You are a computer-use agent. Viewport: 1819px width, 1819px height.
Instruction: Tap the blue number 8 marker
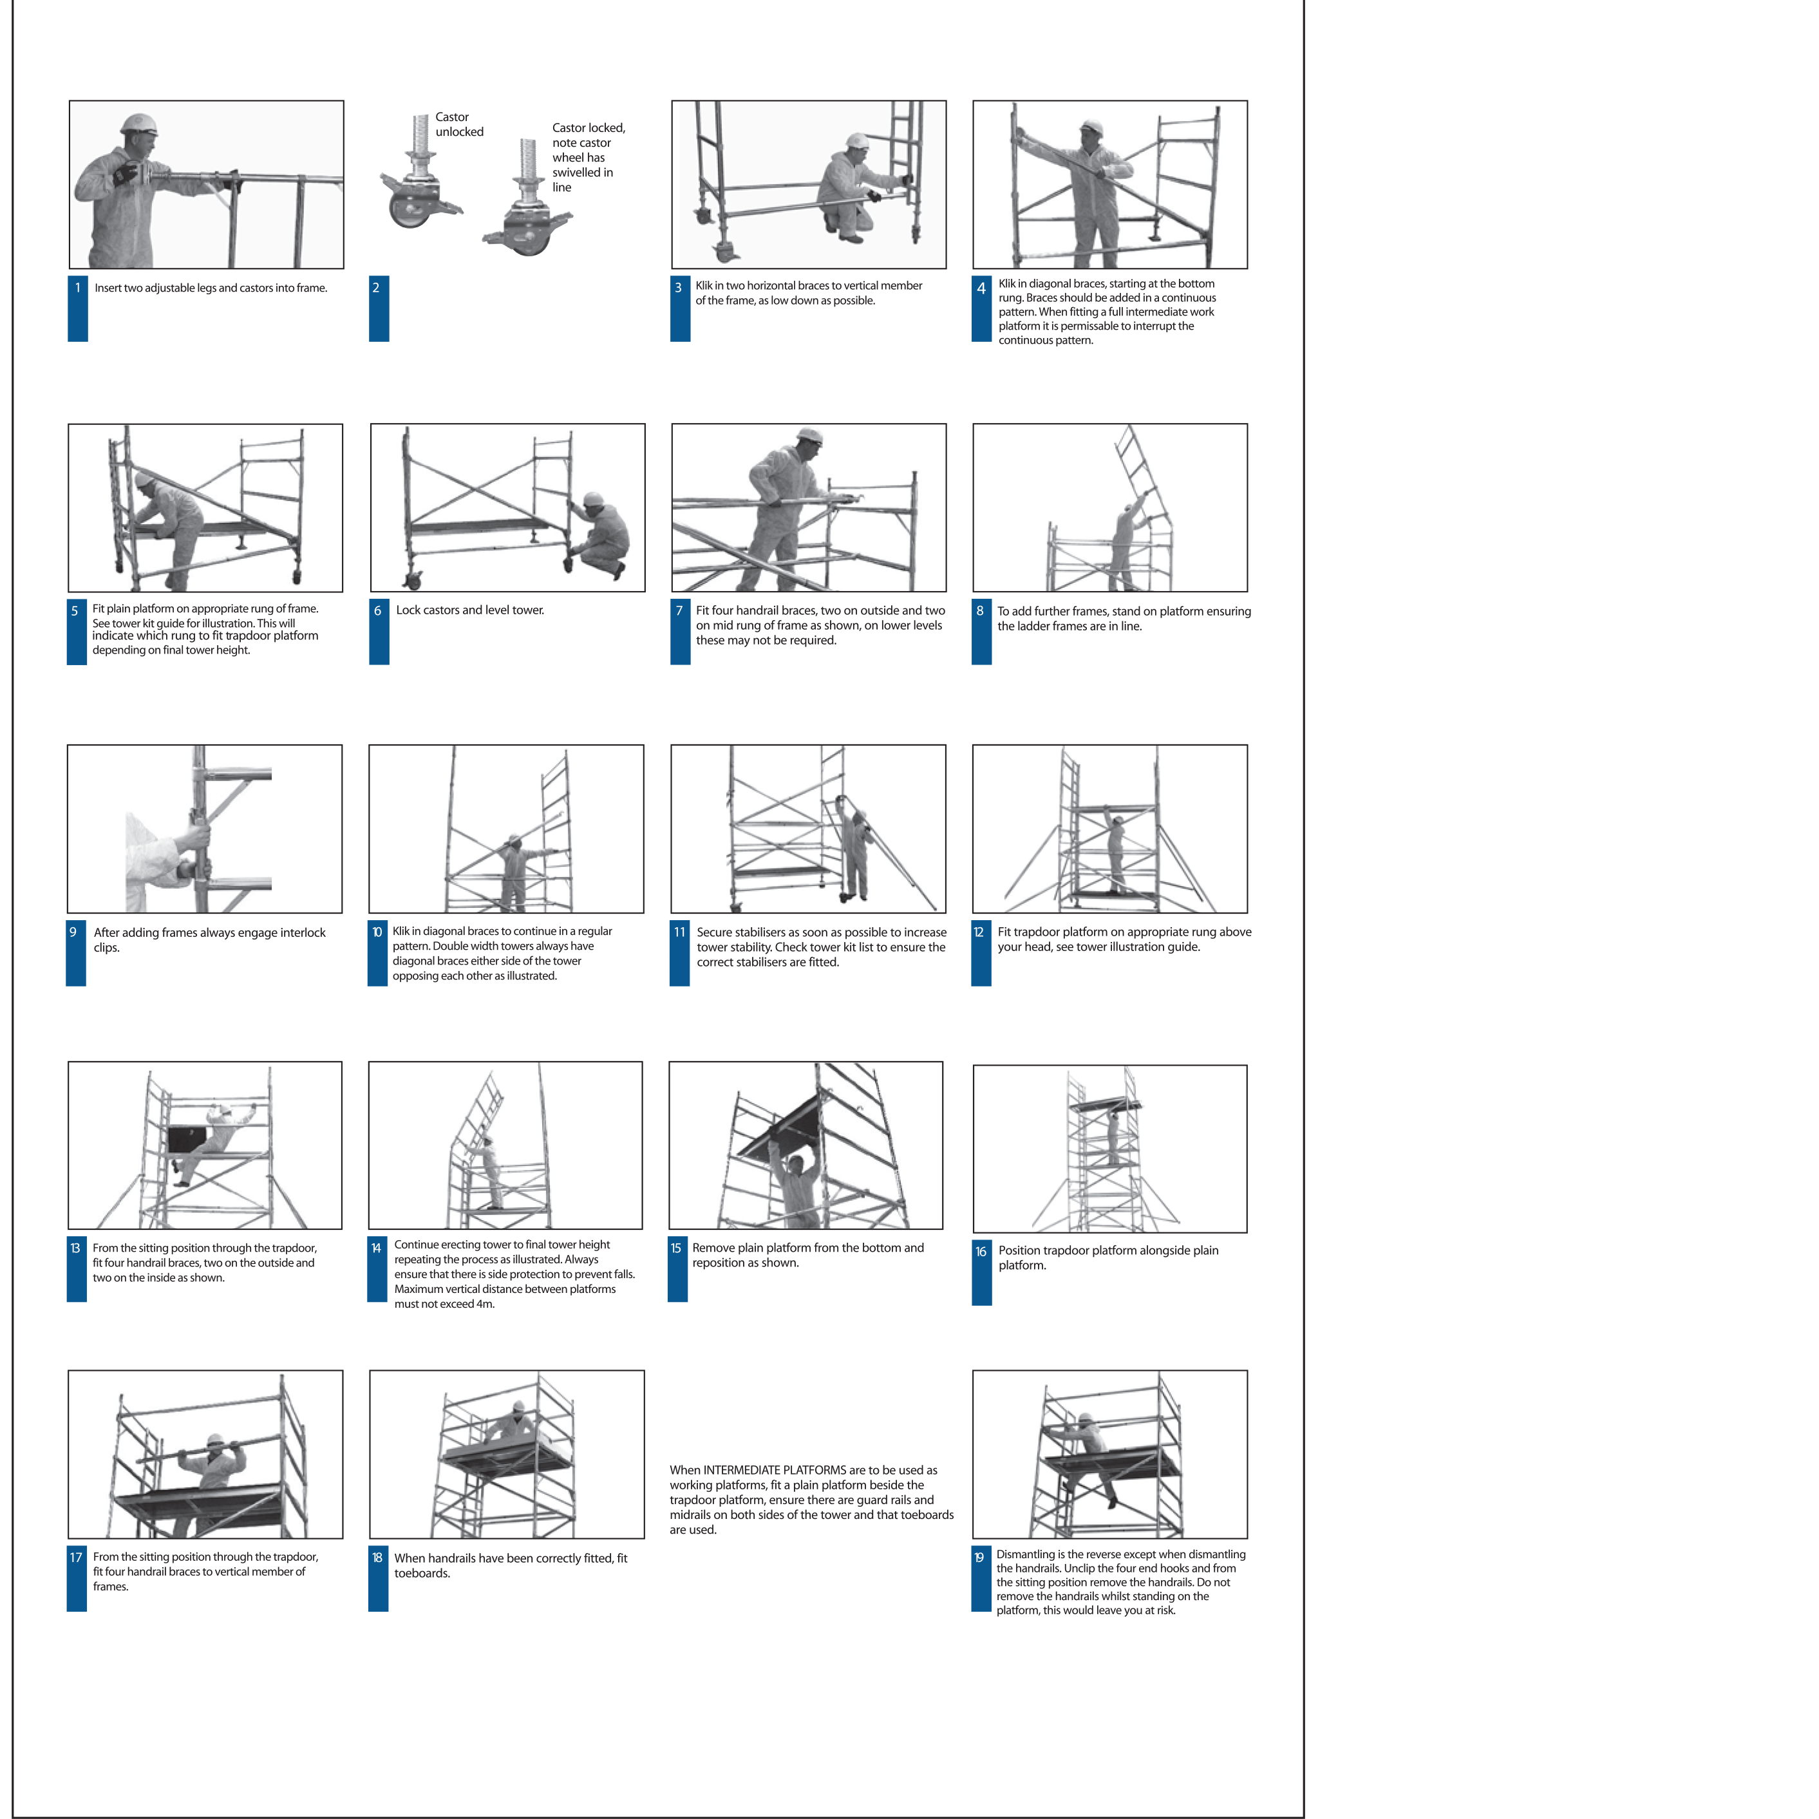981,634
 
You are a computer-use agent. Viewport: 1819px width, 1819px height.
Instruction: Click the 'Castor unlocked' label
460,124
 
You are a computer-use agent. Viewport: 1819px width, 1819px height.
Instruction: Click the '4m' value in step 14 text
485,1304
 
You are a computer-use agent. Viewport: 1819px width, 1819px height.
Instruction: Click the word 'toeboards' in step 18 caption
422,1573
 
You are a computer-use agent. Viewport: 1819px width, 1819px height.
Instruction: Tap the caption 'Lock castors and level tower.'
470,610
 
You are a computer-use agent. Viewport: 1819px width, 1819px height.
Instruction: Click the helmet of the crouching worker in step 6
593,498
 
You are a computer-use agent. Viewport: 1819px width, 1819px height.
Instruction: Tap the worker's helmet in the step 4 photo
1091,127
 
